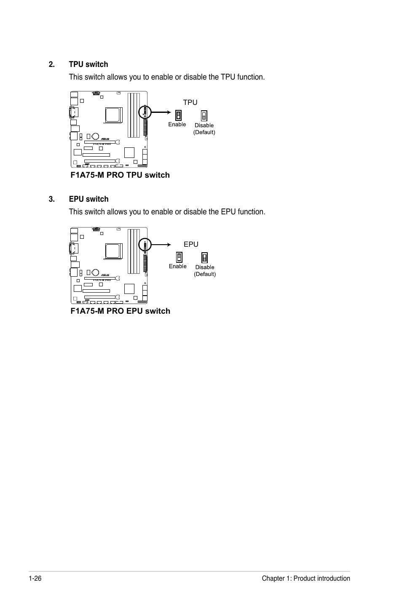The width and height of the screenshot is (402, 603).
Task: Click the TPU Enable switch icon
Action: pos(178,115)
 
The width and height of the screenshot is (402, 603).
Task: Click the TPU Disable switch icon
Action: pos(204,116)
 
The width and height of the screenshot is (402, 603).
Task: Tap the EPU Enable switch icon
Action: pos(179,257)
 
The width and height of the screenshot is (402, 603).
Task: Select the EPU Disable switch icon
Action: pos(204,257)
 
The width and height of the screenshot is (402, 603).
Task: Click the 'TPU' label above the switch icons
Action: pos(190,102)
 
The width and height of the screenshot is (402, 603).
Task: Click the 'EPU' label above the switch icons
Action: pos(191,244)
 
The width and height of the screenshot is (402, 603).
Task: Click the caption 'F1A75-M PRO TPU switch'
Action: pos(120,175)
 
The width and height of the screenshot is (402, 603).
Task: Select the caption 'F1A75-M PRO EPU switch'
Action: pos(121,311)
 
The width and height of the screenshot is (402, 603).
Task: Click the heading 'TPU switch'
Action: pos(88,64)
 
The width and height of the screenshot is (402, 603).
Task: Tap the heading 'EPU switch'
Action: pos(88,199)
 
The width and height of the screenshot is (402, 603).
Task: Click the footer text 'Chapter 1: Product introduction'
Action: pos(306,578)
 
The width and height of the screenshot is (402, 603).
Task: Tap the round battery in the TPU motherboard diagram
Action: pos(96,136)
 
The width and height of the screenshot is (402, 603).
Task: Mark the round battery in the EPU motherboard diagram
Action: pos(96,272)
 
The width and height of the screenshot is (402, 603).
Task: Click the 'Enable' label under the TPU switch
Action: pos(177,124)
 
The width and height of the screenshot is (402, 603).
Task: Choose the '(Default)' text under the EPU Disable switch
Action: pos(205,274)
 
